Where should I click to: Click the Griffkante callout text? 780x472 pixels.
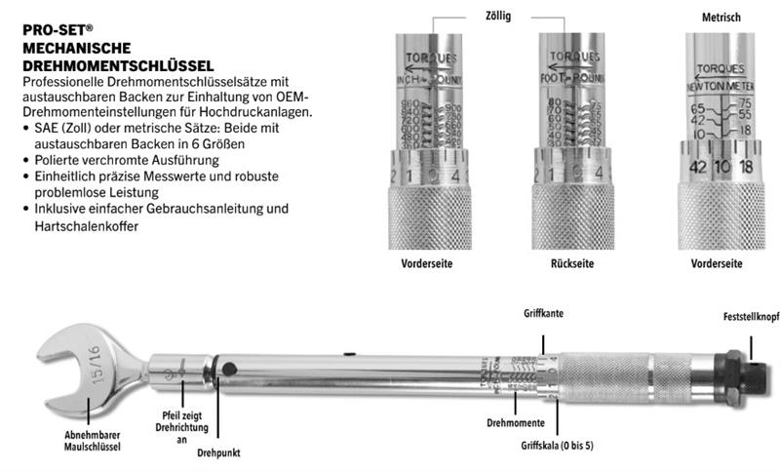click(544, 316)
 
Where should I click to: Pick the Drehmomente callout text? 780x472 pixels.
click(516, 422)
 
